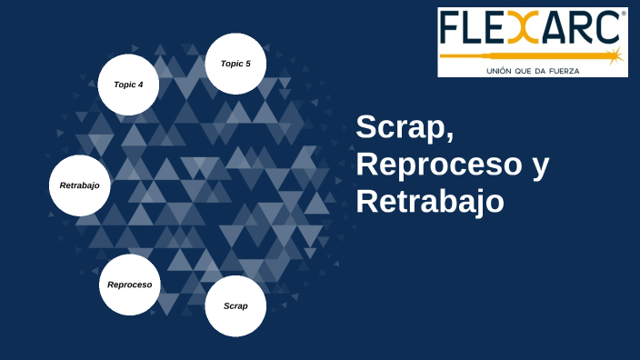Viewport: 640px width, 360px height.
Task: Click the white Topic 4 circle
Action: pyautogui.click(x=128, y=85)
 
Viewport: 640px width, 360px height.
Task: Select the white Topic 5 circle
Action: pyautogui.click(x=235, y=64)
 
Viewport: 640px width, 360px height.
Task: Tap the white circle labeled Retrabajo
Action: pyautogui.click(x=79, y=185)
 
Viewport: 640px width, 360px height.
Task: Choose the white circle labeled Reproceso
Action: pyautogui.click(x=129, y=285)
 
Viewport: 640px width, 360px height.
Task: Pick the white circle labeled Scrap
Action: pyautogui.click(x=235, y=305)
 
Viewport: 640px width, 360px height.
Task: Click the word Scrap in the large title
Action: pyautogui.click(x=399, y=129)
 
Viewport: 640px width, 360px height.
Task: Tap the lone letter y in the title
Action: pyautogui.click(x=540, y=168)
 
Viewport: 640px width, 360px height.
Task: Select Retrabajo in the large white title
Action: pyautogui.click(x=429, y=201)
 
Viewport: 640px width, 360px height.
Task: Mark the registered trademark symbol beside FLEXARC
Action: pyautogui.click(x=623, y=15)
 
